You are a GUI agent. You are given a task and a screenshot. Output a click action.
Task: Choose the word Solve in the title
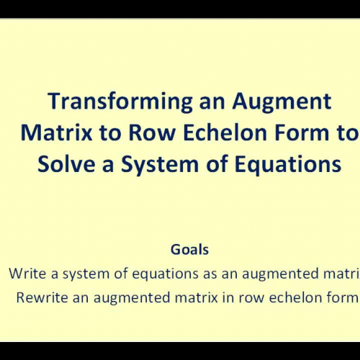click(68, 165)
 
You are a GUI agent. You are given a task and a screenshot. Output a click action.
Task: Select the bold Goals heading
click(189, 250)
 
